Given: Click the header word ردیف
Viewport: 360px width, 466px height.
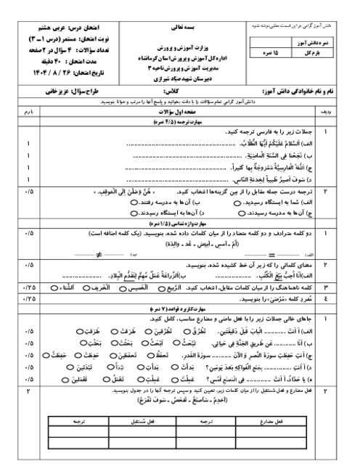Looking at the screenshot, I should tap(326, 113).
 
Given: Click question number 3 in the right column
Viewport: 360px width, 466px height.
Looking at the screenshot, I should tap(325, 287).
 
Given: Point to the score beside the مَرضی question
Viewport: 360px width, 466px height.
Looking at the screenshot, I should tap(29, 298).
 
